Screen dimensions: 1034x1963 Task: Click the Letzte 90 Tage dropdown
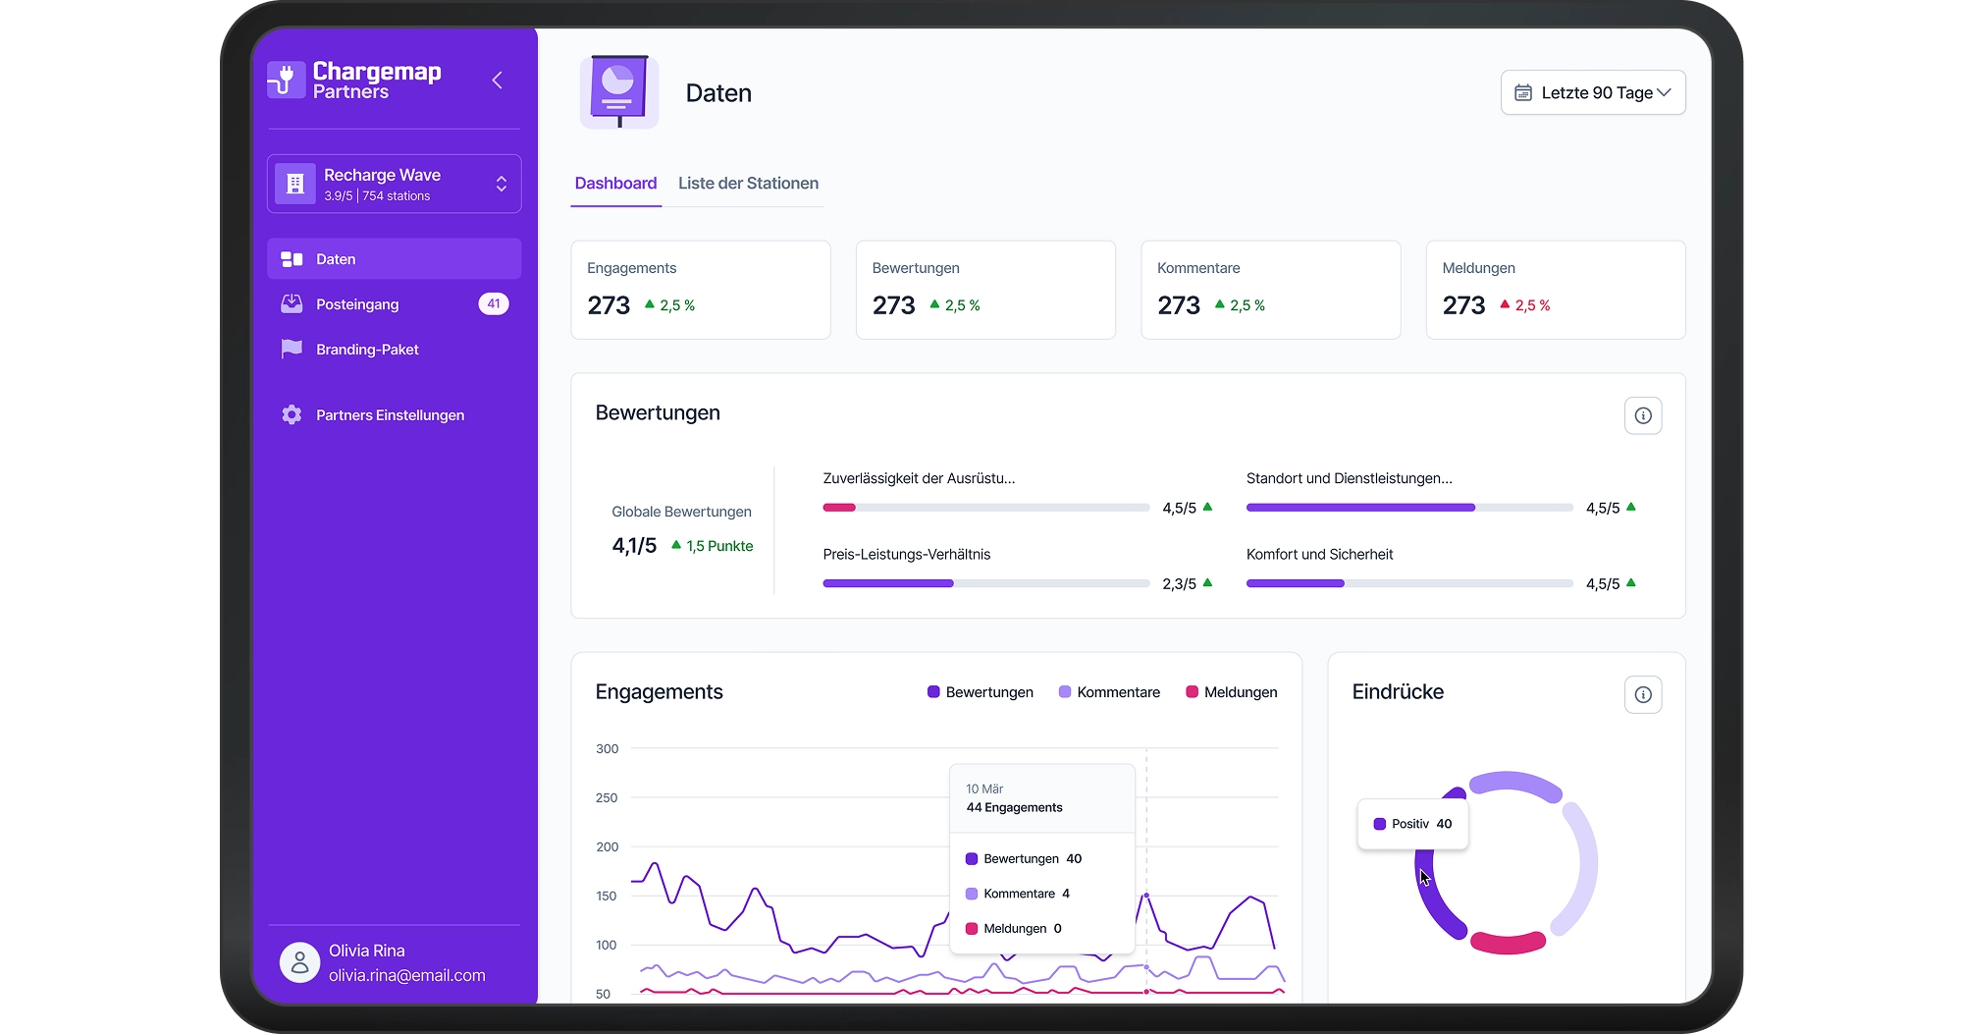click(1592, 92)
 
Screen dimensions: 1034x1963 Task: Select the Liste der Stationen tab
click(748, 184)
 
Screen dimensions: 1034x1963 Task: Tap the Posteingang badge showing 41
click(493, 304)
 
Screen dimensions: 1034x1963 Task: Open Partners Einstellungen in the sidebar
click(390, 415)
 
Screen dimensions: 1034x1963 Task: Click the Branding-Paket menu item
click(367, 350)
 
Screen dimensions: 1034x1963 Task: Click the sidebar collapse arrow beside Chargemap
click(497, 81)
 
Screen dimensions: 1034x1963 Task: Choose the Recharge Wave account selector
click(394, 184)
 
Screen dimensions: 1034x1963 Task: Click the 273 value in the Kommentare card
click(1178, 305)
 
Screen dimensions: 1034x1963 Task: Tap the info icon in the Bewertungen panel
click(1642, 416)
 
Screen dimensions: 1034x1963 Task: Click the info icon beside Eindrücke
click(1642, 695)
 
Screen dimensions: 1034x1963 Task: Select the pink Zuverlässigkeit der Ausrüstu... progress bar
click(839, 508)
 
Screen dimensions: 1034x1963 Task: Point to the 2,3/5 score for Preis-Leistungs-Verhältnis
click(1179, 584)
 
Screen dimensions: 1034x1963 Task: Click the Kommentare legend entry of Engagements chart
click(1109, 692)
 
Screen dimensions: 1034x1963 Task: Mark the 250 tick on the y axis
click(607, 798)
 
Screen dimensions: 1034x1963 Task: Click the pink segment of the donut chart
click(1508, 944)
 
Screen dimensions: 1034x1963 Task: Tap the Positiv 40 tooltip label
click(1413, 824)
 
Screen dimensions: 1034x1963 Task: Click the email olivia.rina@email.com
click(406, 975)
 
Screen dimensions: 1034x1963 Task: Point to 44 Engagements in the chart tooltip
click(1014, 807)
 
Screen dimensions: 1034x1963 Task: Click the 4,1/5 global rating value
click(634, 546)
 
